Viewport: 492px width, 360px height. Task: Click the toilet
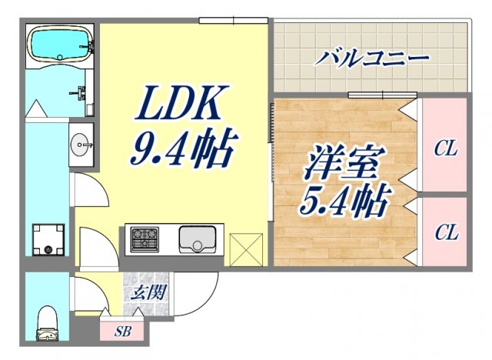(48, 323)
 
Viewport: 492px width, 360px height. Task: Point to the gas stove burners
(143, 239)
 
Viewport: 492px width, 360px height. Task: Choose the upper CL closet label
(445, 148)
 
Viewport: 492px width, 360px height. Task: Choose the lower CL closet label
(445, 232)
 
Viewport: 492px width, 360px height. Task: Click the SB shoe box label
(121, 332)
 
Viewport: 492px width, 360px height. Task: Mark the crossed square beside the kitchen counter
(246, 249)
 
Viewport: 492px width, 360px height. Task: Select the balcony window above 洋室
(371, 95)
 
